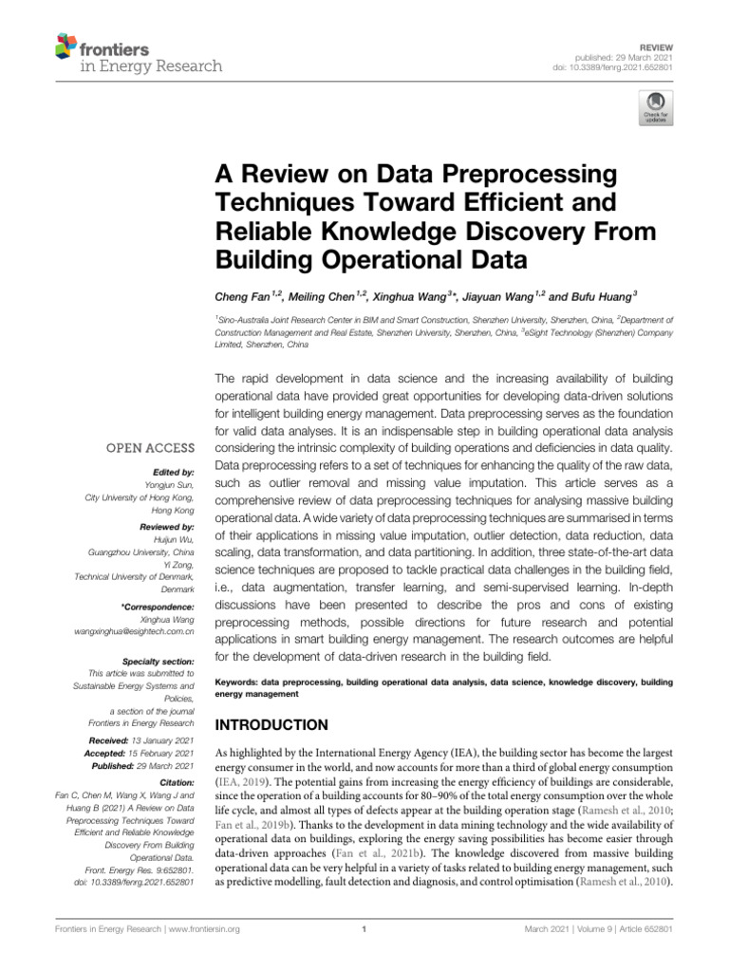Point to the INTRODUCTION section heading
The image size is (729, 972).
(x=274, y=724)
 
